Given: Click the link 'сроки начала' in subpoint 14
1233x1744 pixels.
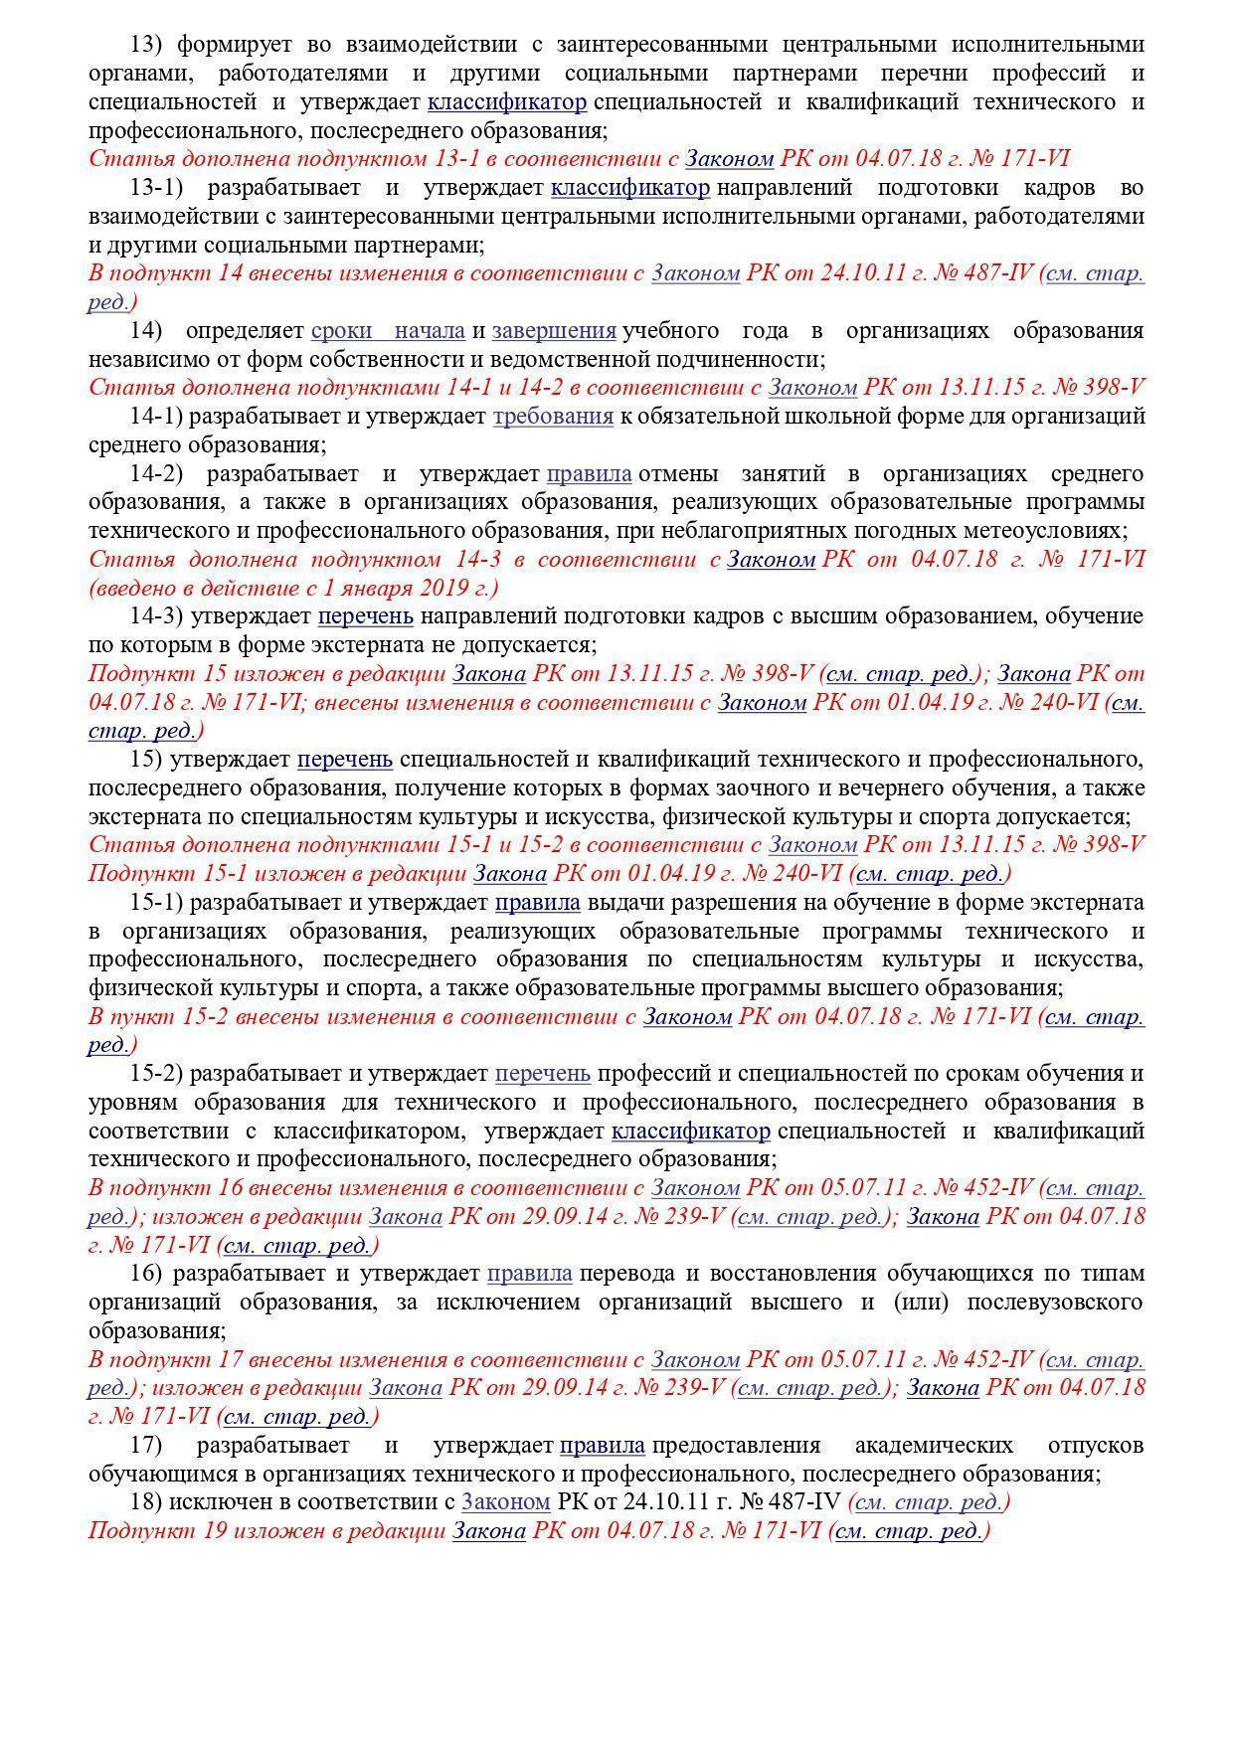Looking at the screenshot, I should point(388,330).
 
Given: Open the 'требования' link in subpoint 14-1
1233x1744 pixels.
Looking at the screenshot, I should point(553,416).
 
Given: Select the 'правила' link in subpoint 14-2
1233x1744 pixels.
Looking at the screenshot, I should point(589,473).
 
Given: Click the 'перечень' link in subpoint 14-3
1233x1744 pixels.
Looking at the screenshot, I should point(365,616).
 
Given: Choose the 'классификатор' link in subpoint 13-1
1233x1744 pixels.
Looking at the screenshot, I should point(630,188).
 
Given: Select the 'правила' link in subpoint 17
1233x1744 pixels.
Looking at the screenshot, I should point(603,1445).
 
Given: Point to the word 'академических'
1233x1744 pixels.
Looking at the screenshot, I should point(934,1445).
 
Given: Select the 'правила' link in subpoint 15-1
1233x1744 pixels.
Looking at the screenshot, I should point(537,903).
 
